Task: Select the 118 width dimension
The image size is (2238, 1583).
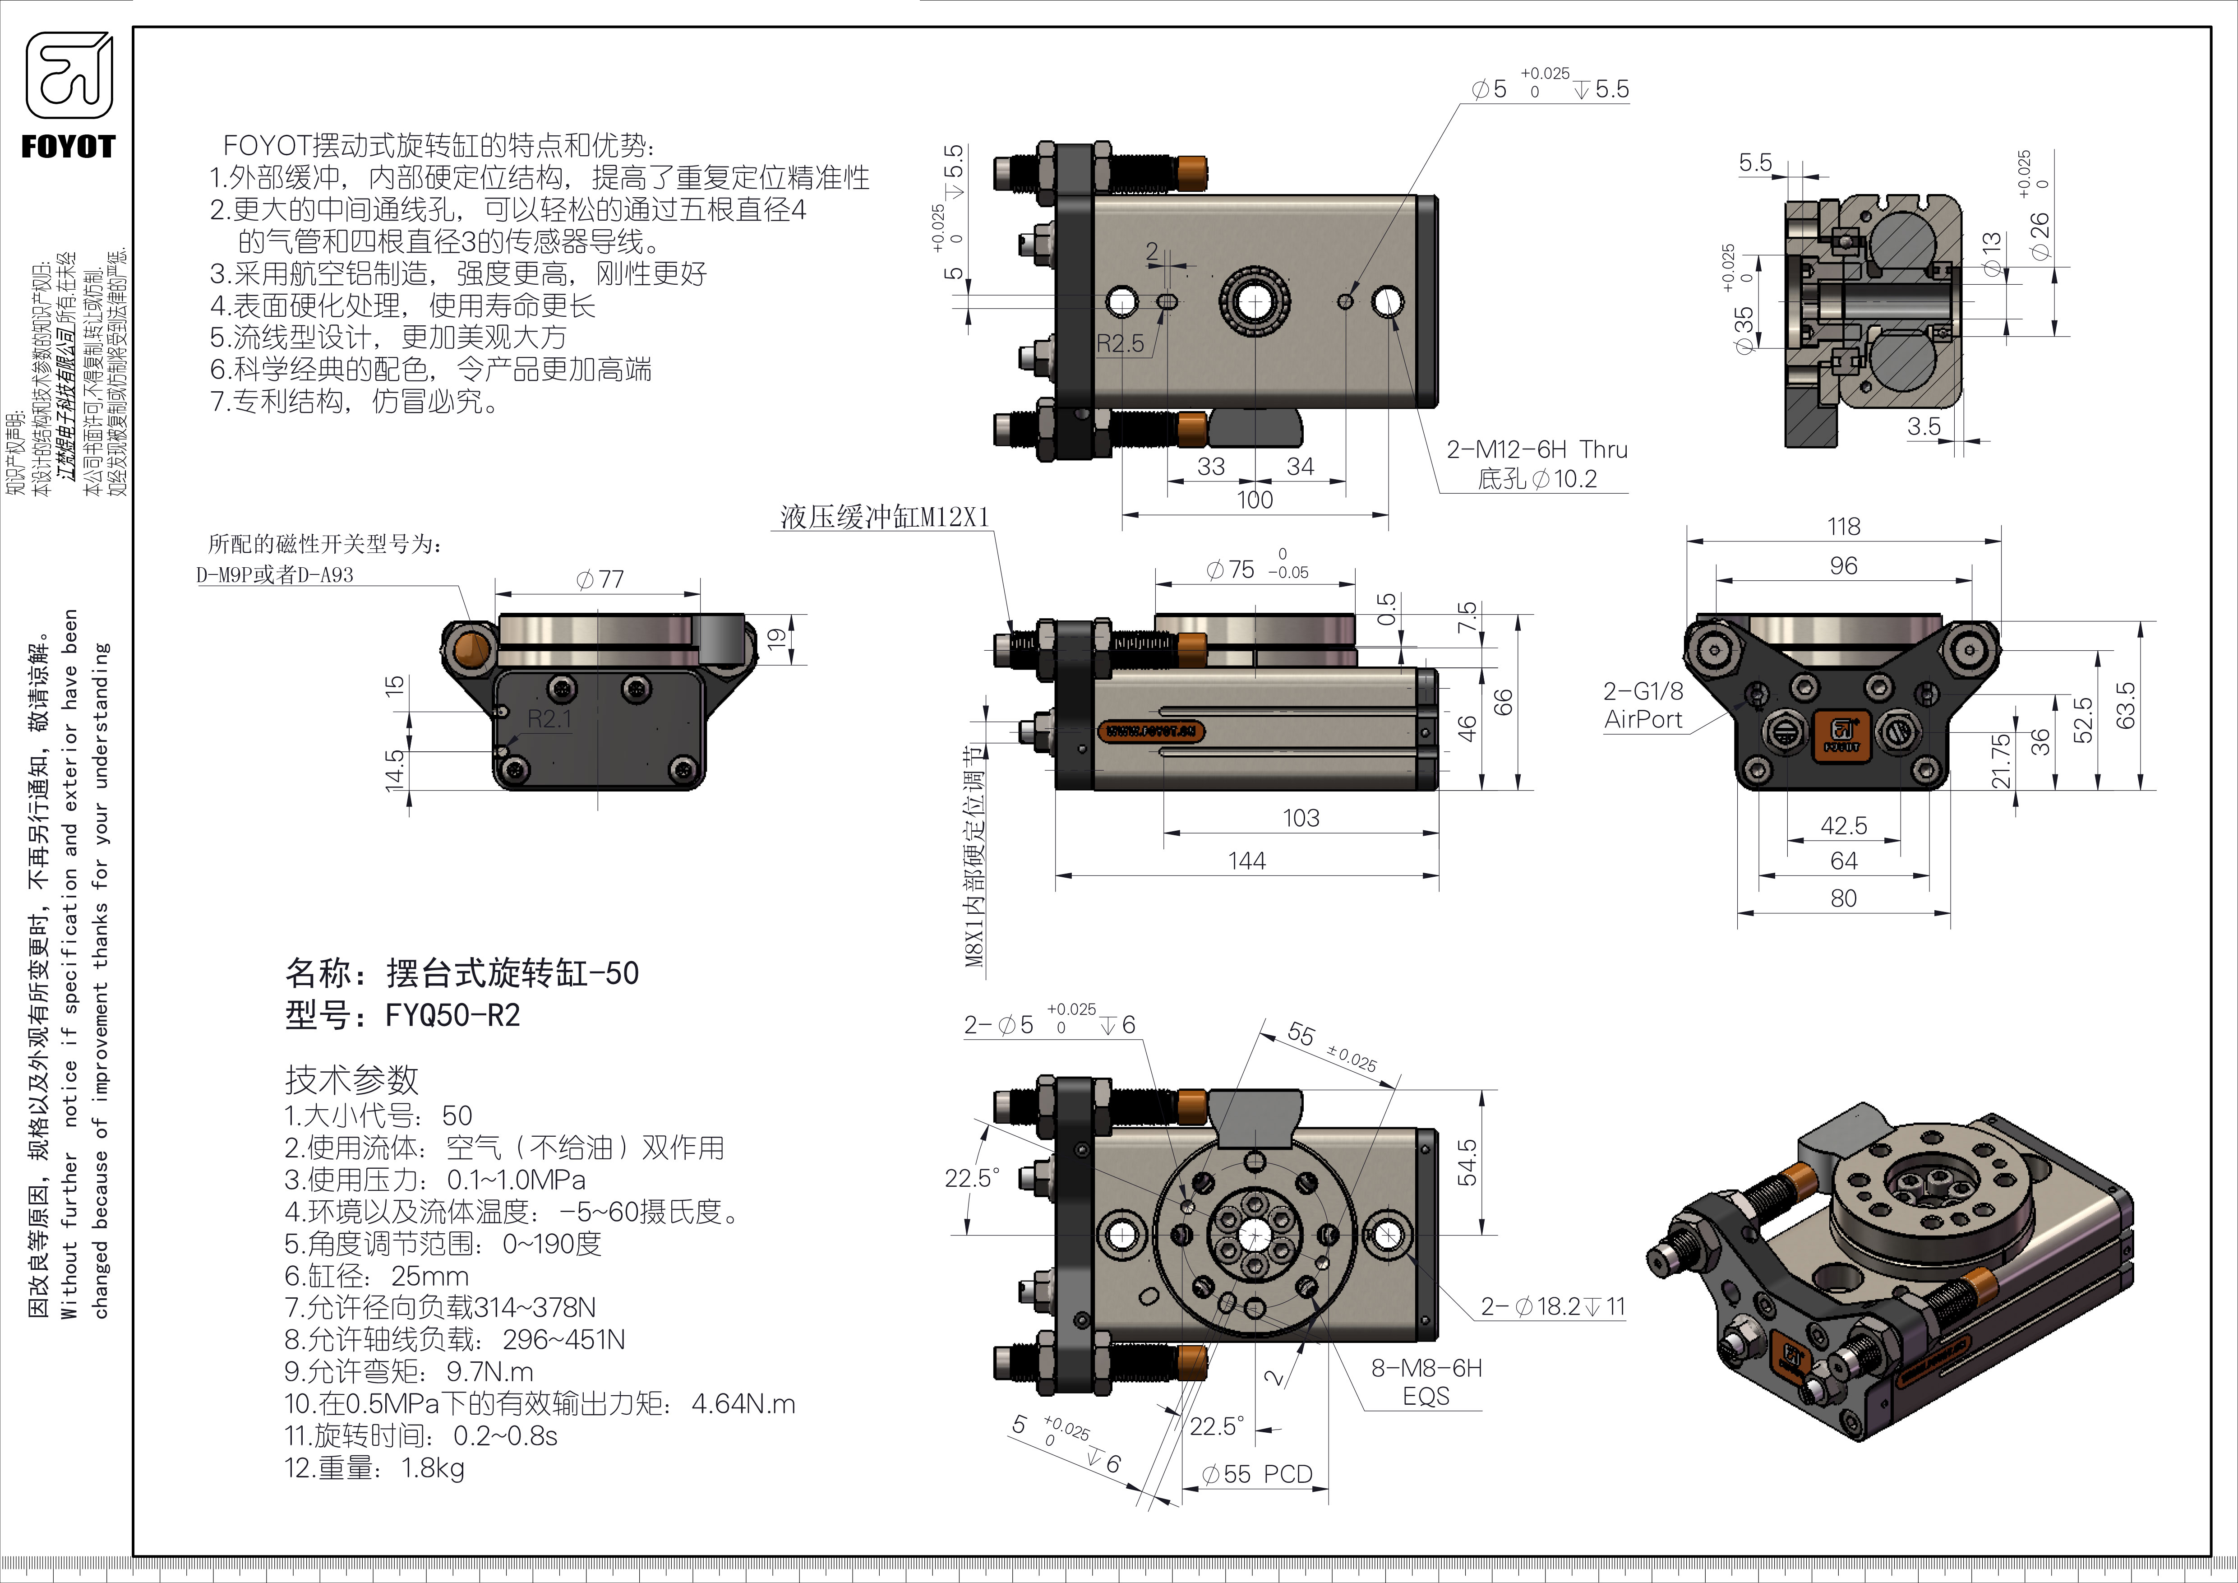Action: pos(1843,526)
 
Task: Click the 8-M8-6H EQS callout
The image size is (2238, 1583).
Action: pos(1426,1381)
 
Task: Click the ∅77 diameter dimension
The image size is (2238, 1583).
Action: pos(600,579)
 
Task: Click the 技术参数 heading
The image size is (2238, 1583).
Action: pos(351,1079)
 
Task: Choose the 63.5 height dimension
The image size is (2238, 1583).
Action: pos(2125,704)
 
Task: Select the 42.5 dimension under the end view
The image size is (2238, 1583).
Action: pos(1843,826)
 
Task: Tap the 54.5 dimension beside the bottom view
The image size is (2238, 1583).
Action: pos(1466,1162)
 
